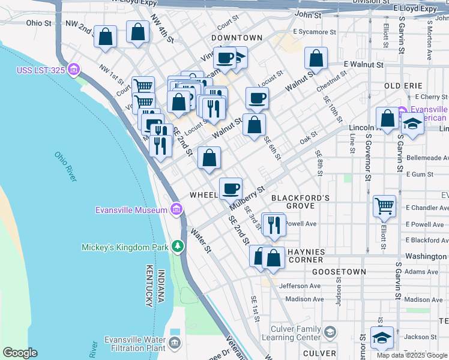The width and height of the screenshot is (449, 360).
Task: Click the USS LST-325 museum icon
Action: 74,70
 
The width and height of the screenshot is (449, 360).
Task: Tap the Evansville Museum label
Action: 131,210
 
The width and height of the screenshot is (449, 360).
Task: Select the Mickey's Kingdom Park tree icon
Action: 177,247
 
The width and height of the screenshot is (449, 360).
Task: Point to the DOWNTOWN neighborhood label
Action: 237,38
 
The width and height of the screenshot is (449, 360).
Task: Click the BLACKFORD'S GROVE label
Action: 301,202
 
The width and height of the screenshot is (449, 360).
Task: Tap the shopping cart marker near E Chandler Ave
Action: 384,206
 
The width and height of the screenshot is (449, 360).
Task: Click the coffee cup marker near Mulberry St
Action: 231,188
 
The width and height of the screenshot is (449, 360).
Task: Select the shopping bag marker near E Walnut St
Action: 316,59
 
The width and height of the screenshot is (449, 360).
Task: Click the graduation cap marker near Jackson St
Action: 381,338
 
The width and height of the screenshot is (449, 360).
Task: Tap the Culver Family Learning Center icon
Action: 330,332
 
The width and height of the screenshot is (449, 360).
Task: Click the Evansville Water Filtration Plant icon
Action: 174,344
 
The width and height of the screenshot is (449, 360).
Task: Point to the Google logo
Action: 20,352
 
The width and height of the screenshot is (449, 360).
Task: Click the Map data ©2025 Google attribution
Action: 411,355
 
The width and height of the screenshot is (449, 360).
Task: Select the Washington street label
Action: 425,256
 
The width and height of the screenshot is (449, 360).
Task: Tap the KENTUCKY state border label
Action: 147,287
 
